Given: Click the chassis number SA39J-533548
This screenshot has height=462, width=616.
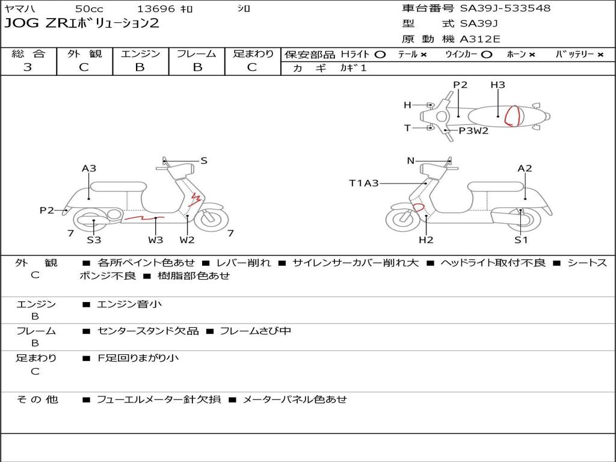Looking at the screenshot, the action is click(x=505, y=8).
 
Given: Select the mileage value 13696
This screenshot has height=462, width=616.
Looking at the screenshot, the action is click(x=156, y=9).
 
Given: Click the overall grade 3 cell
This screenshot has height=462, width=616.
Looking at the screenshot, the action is click(x=28, y=67).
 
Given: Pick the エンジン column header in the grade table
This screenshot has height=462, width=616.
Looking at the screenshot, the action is click(x=140, y=54).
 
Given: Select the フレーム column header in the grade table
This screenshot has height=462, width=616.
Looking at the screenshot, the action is click(x=196, y=54).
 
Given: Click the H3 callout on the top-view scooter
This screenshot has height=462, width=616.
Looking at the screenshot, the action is click(x=497, y=85).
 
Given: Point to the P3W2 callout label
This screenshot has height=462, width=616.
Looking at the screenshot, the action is click(x=473, y=131).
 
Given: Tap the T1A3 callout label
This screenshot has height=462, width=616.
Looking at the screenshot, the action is click(x=364, y=183).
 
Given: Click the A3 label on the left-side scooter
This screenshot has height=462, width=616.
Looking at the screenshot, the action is click(x=89, y=168).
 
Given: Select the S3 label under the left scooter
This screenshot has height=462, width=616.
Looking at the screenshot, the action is click(x=93, y=240).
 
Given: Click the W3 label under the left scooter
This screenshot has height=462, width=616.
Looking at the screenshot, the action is click(x=155, y=240).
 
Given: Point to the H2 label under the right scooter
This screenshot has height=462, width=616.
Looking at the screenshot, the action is click(x=426, y=240).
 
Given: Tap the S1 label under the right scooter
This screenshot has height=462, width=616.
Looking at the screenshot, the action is click(x=521, y=240).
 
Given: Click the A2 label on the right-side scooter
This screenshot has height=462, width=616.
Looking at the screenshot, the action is click(x=525, y=168).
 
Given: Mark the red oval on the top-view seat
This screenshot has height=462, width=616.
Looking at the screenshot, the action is click(x=513, y=115).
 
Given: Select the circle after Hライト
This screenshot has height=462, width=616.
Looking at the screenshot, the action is click(x=380, y=54).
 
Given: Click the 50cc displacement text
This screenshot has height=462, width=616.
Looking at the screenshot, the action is click(x=89, y=9).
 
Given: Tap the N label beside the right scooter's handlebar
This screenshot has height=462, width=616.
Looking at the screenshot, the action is click(x=411, y=161).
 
